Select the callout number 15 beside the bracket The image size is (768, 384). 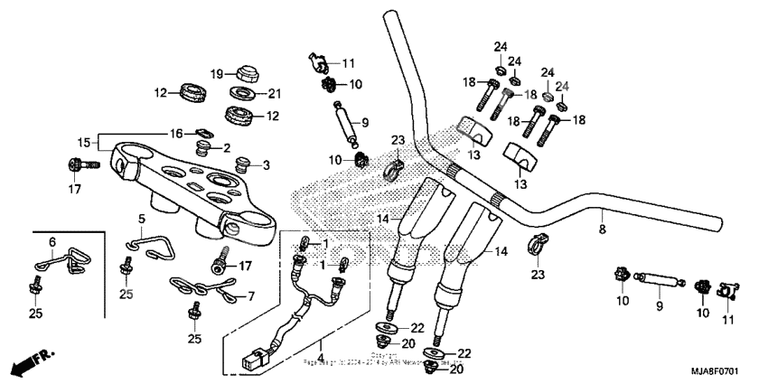coord(84,143)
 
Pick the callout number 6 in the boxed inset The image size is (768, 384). coord(52,242)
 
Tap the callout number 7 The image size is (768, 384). coord(250,295)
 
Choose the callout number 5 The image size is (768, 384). coord(141,219)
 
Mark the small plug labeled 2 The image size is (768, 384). coord(202,146)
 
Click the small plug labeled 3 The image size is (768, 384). coord(241,164)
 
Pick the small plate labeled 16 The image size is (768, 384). coord(203,135)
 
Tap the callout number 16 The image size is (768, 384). coord(177,133)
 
